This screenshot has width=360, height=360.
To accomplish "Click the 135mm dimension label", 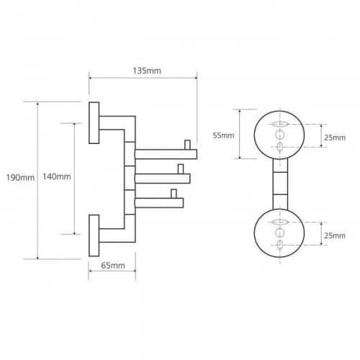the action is click(x=147, y=71).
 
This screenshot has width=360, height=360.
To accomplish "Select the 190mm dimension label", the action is click(x=20, y=178).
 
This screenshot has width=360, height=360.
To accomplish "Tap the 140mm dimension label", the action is click(x=57, y=176).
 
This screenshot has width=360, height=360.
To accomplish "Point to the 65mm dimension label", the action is click(x=113, y=266).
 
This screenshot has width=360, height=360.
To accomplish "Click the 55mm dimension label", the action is click(x=223, y=135).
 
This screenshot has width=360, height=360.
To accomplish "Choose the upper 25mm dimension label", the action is click(x=335, y=138).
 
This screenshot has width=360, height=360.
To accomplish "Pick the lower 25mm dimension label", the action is click(x=335, y=235).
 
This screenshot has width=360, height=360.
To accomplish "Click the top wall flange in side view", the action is click(x=94, y=123).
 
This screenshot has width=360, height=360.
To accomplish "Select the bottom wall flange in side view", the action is click(x=94, y=235).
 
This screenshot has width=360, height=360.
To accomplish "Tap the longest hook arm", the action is click(x=166, y=154).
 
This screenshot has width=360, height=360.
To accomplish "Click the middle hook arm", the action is click(x=163, y=179).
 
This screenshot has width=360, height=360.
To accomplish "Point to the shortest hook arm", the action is click(x=159, y=203).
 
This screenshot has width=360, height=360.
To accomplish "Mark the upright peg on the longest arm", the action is click(x=187, y=145).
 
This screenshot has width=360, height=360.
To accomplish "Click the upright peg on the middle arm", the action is click(x=181, y=169).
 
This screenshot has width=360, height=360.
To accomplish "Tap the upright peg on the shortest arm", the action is click(x=174, y=194).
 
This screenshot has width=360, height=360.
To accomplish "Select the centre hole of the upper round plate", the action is click(x=280, y=135).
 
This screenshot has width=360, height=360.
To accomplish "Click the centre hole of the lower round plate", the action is click(x=280, y=233).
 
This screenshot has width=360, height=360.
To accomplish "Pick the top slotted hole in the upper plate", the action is click(x=280, y=125).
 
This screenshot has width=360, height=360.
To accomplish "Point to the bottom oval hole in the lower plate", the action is click(x=280, y=245).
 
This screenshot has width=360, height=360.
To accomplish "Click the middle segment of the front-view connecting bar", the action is click(x=280, y=184).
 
